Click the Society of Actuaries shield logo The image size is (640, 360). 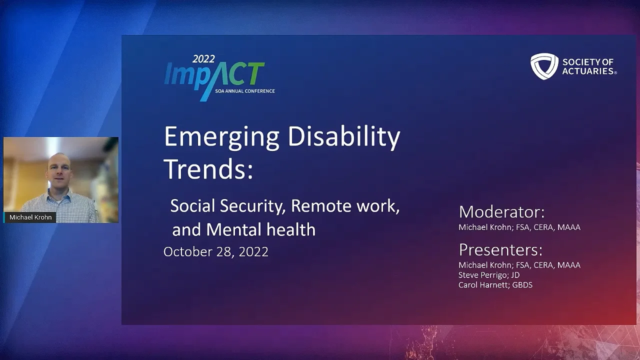click(x=544, y=66)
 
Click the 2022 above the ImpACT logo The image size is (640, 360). click(x=203, y=59)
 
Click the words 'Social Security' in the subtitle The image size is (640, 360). click(x=227, y=206)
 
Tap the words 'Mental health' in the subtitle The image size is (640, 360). click(x=260, y=229)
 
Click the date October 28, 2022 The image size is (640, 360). click(x=215, y=251)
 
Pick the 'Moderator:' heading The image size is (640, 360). click(x=501, y=212)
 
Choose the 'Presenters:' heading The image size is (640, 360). click(x=500, y=249)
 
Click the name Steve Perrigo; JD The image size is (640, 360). click(x=488, y=275)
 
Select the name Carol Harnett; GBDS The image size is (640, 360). click(x=495, y=285)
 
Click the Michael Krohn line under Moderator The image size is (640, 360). click(x=519, y=227)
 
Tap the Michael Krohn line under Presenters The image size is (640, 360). click(x=519, y=265)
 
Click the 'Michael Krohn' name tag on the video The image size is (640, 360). click(x=30, y=217)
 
